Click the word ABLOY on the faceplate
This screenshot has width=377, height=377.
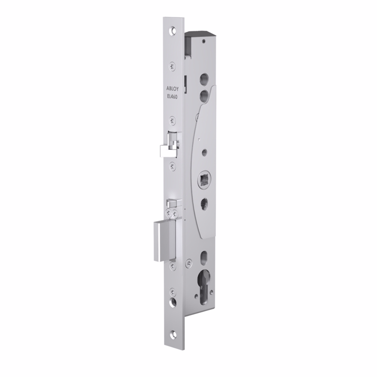[172, 89]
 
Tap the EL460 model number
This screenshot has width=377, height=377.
[172, 96]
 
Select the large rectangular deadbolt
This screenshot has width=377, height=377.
[164, 240]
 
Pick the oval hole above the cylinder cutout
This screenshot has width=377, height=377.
[204, 258]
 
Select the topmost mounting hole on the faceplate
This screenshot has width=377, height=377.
[172, 31]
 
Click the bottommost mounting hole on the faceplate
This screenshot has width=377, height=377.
[173, 334]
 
